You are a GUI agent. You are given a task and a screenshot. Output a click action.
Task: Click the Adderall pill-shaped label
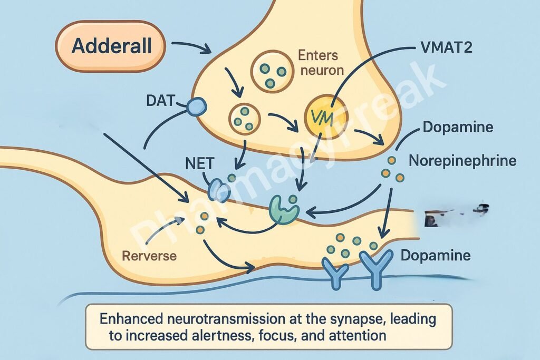tap(111, 46)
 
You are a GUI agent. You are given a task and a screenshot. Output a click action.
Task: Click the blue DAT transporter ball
tap(196, 108)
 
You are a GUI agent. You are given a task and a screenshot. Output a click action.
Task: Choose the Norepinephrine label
tap(468, 160)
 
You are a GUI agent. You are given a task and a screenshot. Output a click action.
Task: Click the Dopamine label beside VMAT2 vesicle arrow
tap(457, 128)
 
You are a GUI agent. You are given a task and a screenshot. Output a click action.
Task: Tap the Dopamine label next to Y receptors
tap(435, 257)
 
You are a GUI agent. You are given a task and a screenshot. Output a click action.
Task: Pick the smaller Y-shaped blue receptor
tap(336, 272)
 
